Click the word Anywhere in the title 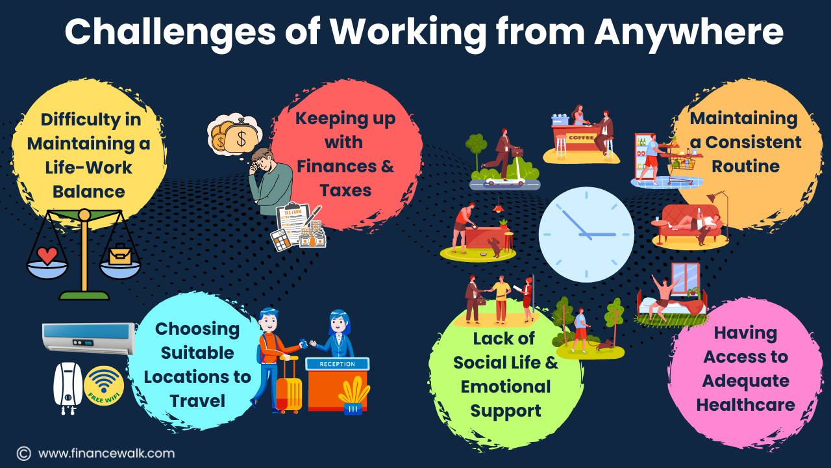point(689,32)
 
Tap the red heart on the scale point(47,255)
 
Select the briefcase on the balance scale point(120,254)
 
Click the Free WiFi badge point(104,385)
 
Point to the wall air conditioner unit point(89,338)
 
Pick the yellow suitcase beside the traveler point(289,386)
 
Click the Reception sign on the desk point(337,364)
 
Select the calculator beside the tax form point(284,240)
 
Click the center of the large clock point(586,235)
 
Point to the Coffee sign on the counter point(582,137)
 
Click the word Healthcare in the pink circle point(745,404)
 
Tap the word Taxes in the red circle point(345,190)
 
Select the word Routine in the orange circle point(745,166)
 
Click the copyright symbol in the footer point(24,454)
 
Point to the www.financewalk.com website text point(106,454)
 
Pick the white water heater point(68,387)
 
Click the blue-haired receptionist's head point(338,322)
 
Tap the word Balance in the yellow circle point(89,192)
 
